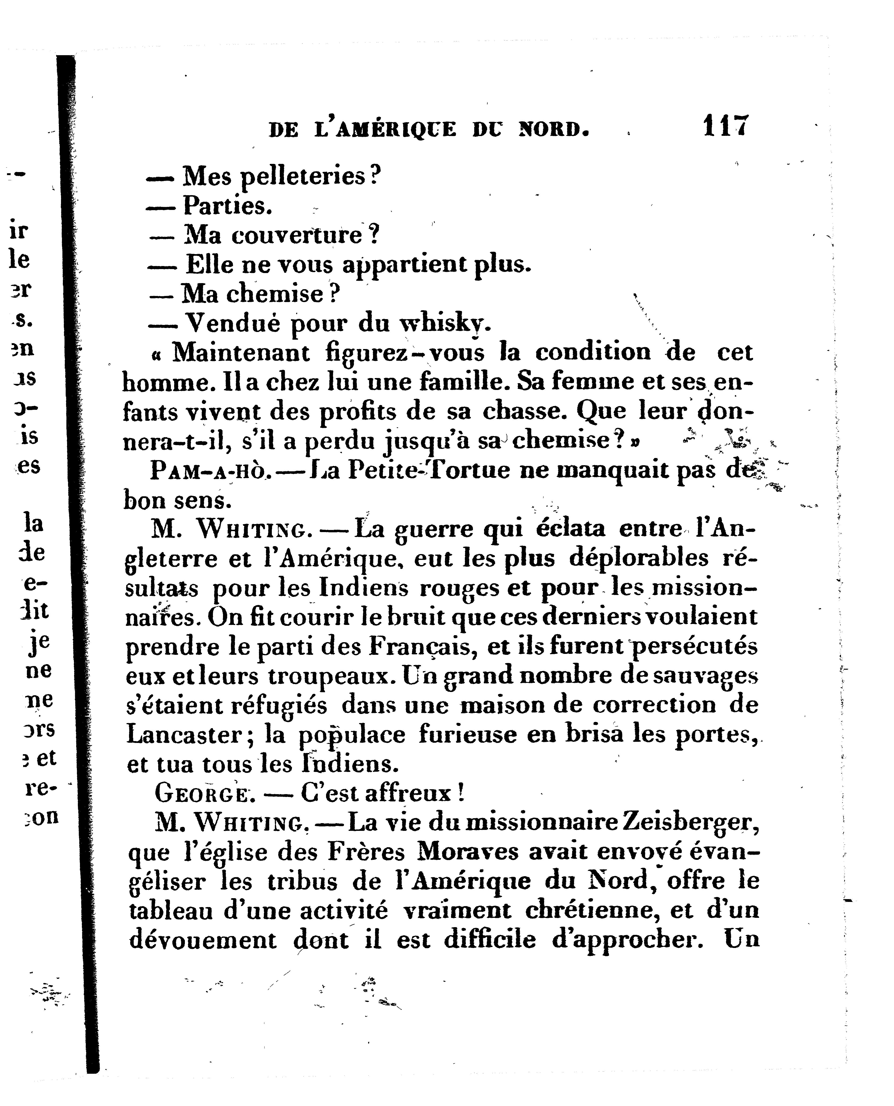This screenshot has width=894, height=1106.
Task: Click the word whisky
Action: pyautogui.click(x=445, y=324)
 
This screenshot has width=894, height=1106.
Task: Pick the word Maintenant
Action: pyautogui.click(x=241, y=353)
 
